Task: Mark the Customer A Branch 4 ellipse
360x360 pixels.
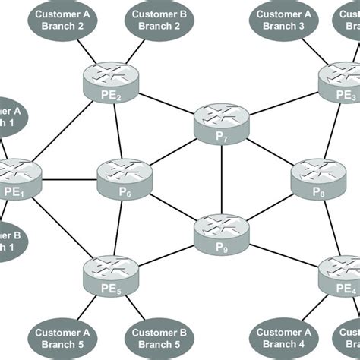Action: pos(283,338)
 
